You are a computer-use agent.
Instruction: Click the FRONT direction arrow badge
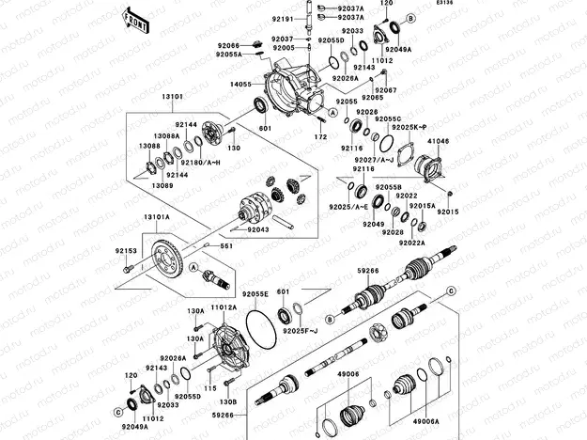135,20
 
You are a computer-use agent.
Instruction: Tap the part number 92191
284,18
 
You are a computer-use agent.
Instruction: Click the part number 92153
127,251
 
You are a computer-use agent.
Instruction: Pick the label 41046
440,141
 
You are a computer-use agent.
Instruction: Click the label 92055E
255,293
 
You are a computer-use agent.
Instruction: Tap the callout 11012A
223,307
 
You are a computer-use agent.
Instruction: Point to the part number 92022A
411,243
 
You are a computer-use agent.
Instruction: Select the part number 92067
386,90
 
